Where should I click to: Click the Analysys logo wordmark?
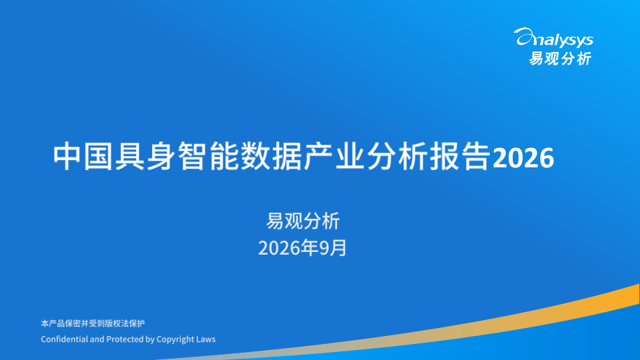click(x=553, y=38)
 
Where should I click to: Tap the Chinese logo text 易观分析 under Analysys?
click(x=560, y=59)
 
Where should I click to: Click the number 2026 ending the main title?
click(x=523, y=157)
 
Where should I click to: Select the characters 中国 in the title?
click(x=83, y=156)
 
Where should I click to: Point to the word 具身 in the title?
click(x=146, y=156)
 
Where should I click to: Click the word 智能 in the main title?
click(x=209, y=156)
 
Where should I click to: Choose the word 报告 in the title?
click(x=460, y=156)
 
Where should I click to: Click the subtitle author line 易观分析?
click(x=303, y=221)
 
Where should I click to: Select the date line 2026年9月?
click(x=303, y=248)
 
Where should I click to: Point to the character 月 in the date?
click(x=339, y=248)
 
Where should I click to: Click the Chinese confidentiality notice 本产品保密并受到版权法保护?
click(x=93, y=323)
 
